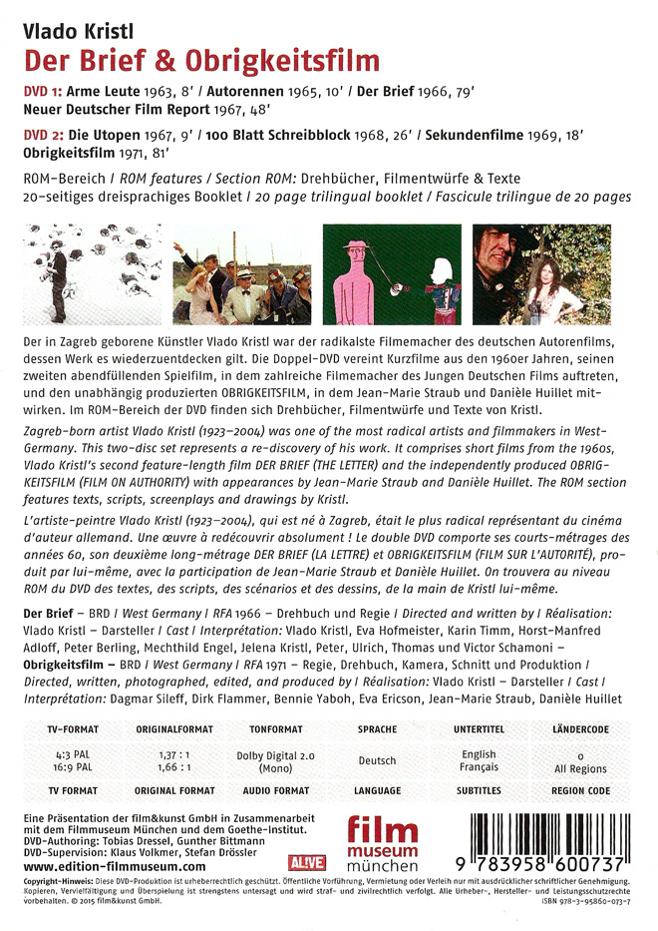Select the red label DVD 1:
point(45,90)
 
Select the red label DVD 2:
point(46,134)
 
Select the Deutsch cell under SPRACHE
point(377,760)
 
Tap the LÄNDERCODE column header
point(581,728)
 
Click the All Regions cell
point(581,769)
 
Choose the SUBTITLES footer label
point(479,791)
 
